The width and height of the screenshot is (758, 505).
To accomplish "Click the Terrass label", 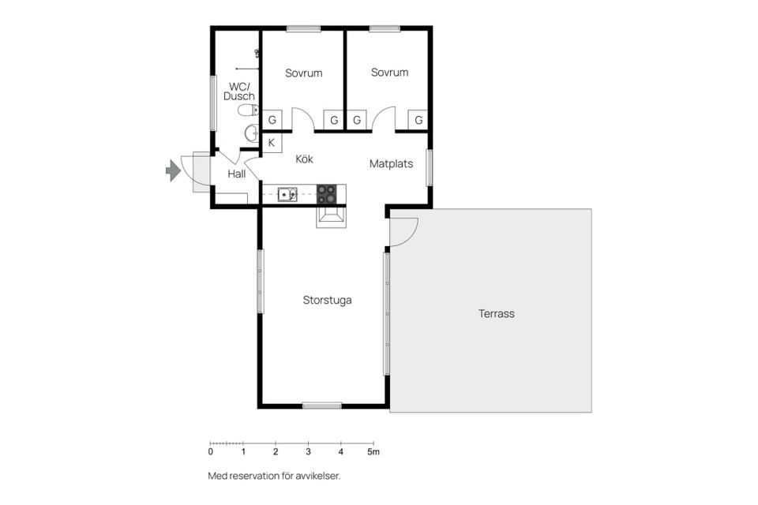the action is pos(497,313).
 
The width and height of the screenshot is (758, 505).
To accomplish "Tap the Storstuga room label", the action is pos(327,300).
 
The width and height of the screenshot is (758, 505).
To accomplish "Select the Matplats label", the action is pos(391,164).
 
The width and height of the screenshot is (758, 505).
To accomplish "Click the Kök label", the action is pos(304,159).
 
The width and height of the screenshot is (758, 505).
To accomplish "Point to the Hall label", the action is pos(236,174).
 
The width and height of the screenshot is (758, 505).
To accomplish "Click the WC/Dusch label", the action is pos(238,92).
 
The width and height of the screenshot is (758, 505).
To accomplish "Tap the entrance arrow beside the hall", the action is pos(173,170).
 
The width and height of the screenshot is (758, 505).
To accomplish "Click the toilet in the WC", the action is pos(248,110).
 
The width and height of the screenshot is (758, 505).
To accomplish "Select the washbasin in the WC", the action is pos(252,133).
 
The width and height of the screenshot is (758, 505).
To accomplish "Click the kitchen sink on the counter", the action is pos(287,194).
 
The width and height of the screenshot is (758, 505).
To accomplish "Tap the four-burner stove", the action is pos(326,194).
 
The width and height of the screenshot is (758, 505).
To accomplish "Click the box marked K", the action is pos(272,143).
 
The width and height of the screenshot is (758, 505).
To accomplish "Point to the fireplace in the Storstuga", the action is pos(331,216).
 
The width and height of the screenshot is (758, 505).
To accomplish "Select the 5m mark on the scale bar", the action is pos(373,452).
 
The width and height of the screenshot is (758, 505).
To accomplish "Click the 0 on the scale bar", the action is pos(210,452).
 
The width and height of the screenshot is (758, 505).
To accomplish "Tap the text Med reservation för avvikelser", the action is pos(274,476).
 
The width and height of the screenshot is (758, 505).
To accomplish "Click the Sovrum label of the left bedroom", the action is pos(303,73).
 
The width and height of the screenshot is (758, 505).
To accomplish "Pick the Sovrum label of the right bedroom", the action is pos(389,73).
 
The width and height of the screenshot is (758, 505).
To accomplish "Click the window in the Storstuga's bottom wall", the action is pos(322,406).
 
